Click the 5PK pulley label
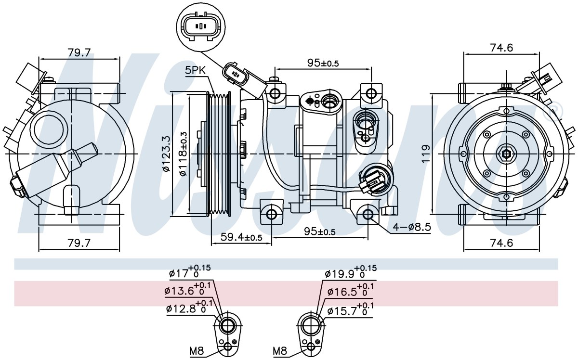point(195,70)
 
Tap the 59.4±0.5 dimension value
point(241,237)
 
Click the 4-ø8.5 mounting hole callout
point(412,227)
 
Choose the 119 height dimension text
point(426,154)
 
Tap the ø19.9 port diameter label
point(351,272)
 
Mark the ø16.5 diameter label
point(351,290)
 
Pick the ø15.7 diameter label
point(350,309)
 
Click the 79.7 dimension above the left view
point(79,52)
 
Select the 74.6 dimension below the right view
point(501,243)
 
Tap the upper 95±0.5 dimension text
point(323,63)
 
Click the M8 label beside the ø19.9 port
point(280,351)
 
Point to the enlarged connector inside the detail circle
point(201,26)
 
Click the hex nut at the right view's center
point(507,154)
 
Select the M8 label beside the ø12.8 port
point(197,351)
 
